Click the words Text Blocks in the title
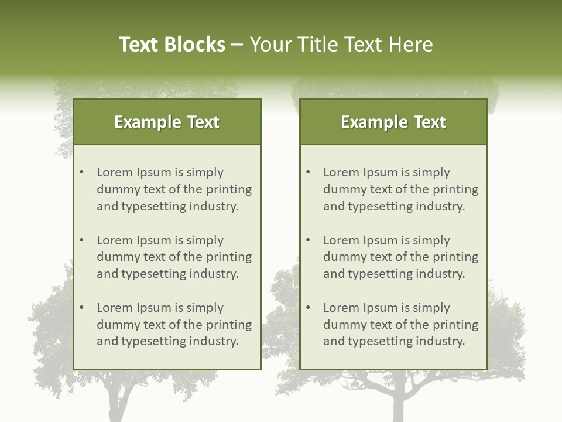pos(172,45)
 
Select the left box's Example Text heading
pos(167,122)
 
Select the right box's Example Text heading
pos(393,122)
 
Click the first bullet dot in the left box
pos(81,172)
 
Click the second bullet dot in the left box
pos(81,240)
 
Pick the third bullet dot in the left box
pos(81,308)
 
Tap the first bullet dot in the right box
pos(308,172)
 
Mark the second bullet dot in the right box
pos(308,240)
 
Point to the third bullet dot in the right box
pos(308,308)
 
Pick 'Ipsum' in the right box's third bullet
pos(384,308)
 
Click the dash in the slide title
pos(237,45)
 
